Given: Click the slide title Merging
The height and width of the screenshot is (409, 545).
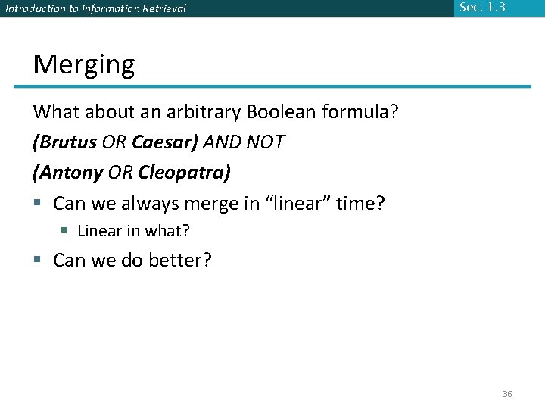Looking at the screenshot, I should (x=84, y=65).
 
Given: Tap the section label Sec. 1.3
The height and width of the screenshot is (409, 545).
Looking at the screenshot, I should (x=482, y=8).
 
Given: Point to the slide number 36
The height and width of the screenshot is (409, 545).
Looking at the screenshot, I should (x=507, y=395).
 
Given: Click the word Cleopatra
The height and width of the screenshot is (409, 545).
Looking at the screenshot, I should (x=182, y=172).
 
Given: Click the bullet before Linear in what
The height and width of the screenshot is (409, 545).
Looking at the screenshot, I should (x=66, y=230).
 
